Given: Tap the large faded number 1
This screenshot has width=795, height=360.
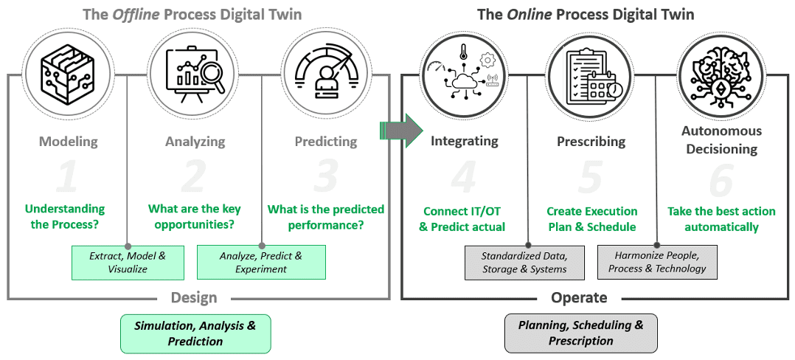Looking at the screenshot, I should coord(67,178).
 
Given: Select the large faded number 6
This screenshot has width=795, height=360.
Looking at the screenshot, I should coord(721,179).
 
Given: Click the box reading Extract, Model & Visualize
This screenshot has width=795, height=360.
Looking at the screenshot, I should coord(128,262).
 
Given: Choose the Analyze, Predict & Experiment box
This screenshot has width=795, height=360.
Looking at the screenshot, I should coord(261,262).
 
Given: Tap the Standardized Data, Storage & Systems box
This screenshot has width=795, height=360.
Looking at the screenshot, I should coord(524,262).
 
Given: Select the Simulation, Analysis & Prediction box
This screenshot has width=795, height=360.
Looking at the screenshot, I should coord(195,333).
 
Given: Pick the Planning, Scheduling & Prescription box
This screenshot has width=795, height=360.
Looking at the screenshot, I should coord(580,333).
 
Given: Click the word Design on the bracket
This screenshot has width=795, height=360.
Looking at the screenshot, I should coord(194,297).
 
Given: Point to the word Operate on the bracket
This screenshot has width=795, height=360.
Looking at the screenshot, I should coord(579,297).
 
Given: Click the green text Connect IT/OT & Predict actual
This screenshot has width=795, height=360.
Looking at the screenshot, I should coord(462,219).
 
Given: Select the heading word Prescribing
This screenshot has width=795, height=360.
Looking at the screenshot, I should coord(591,141).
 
